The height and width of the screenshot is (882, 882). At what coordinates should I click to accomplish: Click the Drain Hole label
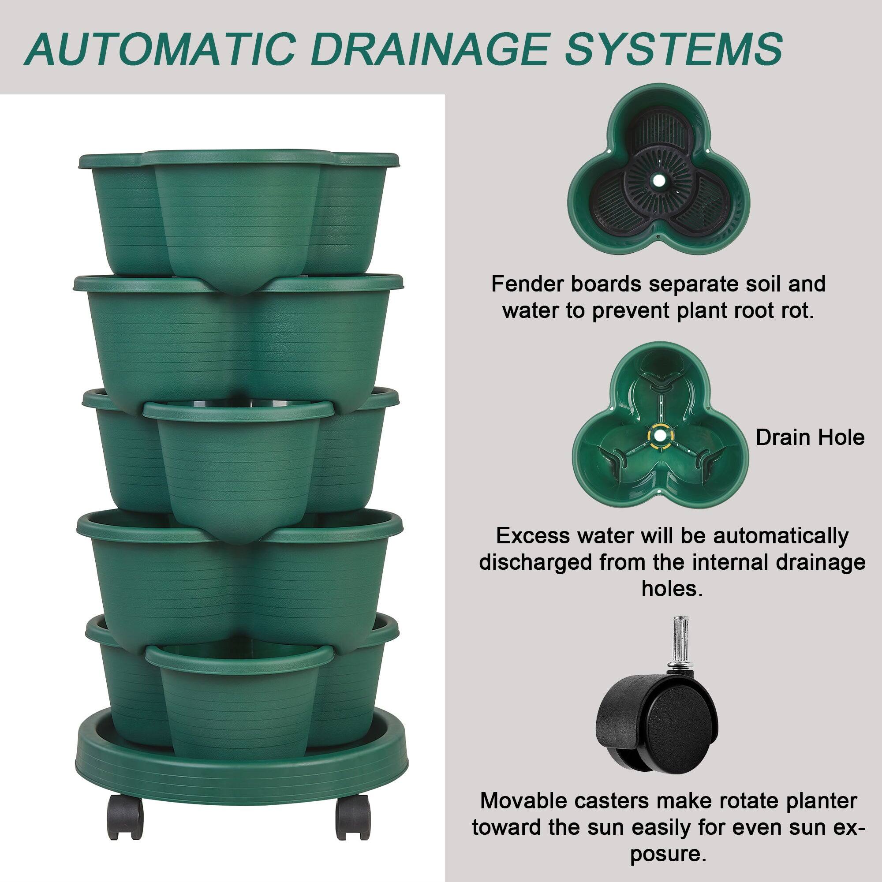pos(810,437)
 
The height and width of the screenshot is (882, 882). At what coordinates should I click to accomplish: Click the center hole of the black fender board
pos(658,181)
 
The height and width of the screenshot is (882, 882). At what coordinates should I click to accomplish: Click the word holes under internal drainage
pos(672,589)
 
